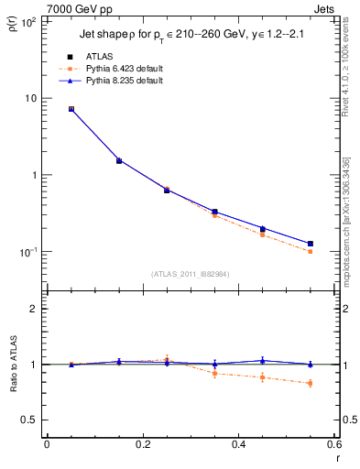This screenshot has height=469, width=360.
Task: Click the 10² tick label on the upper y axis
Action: pyautogui.click(x=27, y=21)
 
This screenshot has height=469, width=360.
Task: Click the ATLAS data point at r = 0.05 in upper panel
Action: pyautogui.click(x=71, y=109)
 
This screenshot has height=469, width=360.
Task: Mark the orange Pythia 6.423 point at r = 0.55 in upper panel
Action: pyautogui.click(x=310, y=251)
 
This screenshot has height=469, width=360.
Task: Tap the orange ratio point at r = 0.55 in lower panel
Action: pyautogui.click(x=310, y=383)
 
